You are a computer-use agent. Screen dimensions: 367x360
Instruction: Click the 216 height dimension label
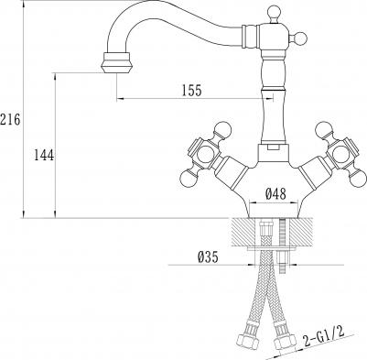[x=10, y=119]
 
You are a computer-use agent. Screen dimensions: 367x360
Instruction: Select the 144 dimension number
[x=44, y=155]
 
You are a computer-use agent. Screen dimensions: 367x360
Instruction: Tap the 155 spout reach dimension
[x=192, y=91]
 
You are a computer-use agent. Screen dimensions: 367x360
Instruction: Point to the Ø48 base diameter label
[x=275, y=193]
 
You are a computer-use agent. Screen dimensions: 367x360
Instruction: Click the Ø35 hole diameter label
[x=208, y=257]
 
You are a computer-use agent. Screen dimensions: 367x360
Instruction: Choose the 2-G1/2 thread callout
[x=323, y=336]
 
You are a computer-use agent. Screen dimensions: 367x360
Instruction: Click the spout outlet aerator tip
[x=116, y=62]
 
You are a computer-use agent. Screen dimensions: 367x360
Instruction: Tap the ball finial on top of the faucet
[x=274, y=12]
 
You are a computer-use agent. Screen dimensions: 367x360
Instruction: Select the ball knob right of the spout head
[x=300, y=38]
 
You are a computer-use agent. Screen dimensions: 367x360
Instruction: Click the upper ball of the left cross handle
[x=223, y=129]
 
